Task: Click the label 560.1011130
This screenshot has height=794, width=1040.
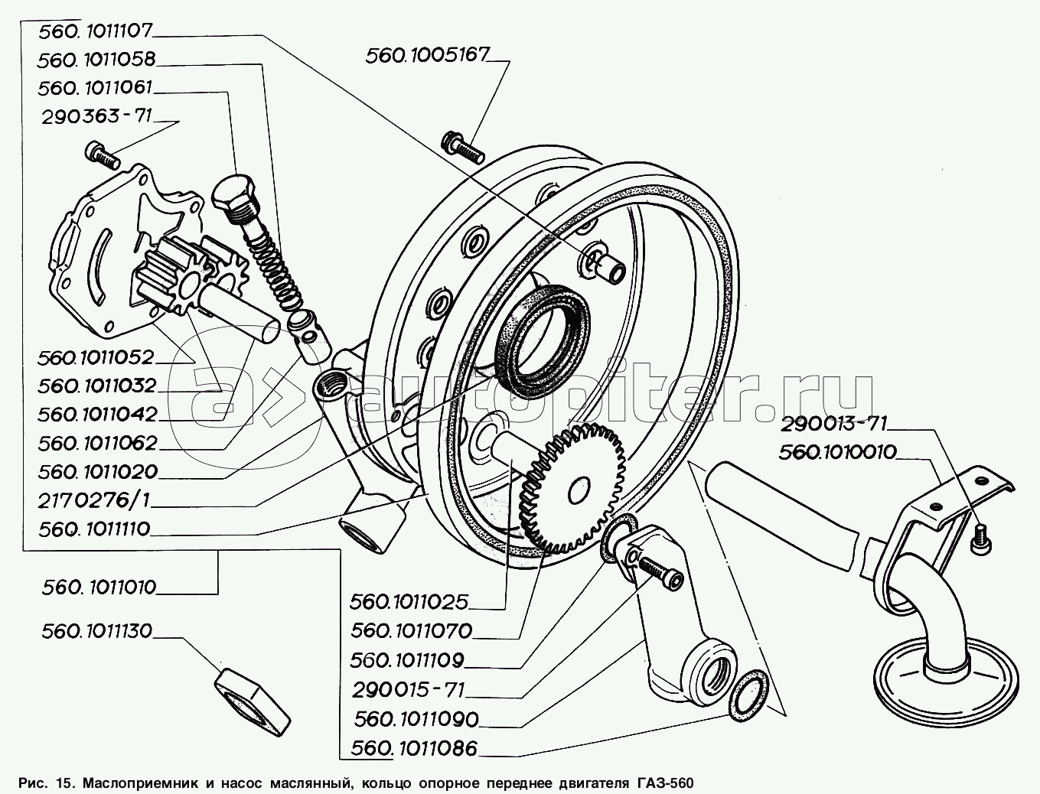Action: point(98,631)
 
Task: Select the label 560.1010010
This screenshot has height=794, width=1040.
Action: point(839,452)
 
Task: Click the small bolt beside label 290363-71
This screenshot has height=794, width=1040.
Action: point(102,155)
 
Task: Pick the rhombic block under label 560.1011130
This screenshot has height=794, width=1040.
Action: point(253,697)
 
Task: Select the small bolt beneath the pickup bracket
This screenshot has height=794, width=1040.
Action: point(980,539)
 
